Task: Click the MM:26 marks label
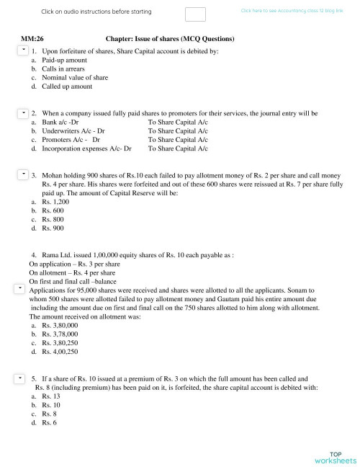32,37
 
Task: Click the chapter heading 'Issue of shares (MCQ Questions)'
170,37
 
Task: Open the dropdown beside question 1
22,50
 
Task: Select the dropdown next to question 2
22,113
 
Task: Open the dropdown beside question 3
22,174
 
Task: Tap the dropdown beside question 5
22,378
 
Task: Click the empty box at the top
195,14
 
